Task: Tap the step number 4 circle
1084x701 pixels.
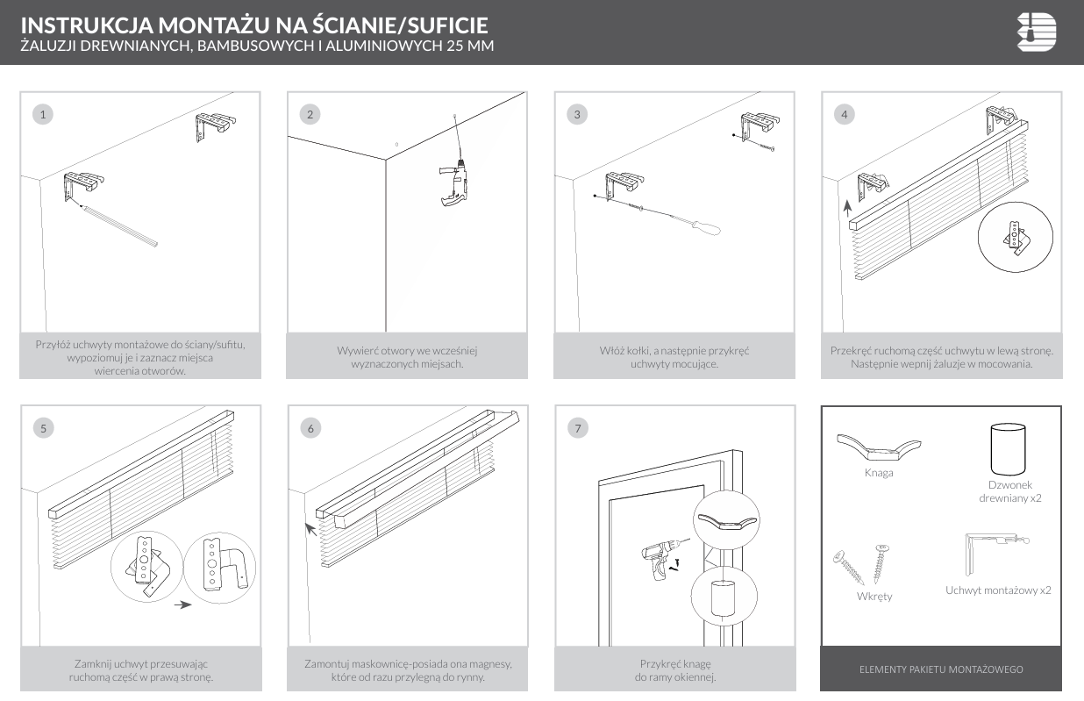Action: coord(844,114)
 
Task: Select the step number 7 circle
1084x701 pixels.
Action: coord(577,428)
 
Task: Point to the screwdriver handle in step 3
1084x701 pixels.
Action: coord(704,227)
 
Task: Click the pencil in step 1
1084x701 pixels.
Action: coord(118,224)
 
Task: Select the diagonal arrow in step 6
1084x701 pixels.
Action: coord(310,528)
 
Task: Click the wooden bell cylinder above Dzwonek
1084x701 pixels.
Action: coord(1009,448)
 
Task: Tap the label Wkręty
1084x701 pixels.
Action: coord(874,597)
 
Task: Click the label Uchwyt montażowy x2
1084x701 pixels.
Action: coord(998,590)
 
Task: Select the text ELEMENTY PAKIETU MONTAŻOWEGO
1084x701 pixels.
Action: coord(941,669)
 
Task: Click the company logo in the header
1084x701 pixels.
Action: coord(1037,32)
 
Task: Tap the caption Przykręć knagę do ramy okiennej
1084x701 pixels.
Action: coord(674,670)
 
